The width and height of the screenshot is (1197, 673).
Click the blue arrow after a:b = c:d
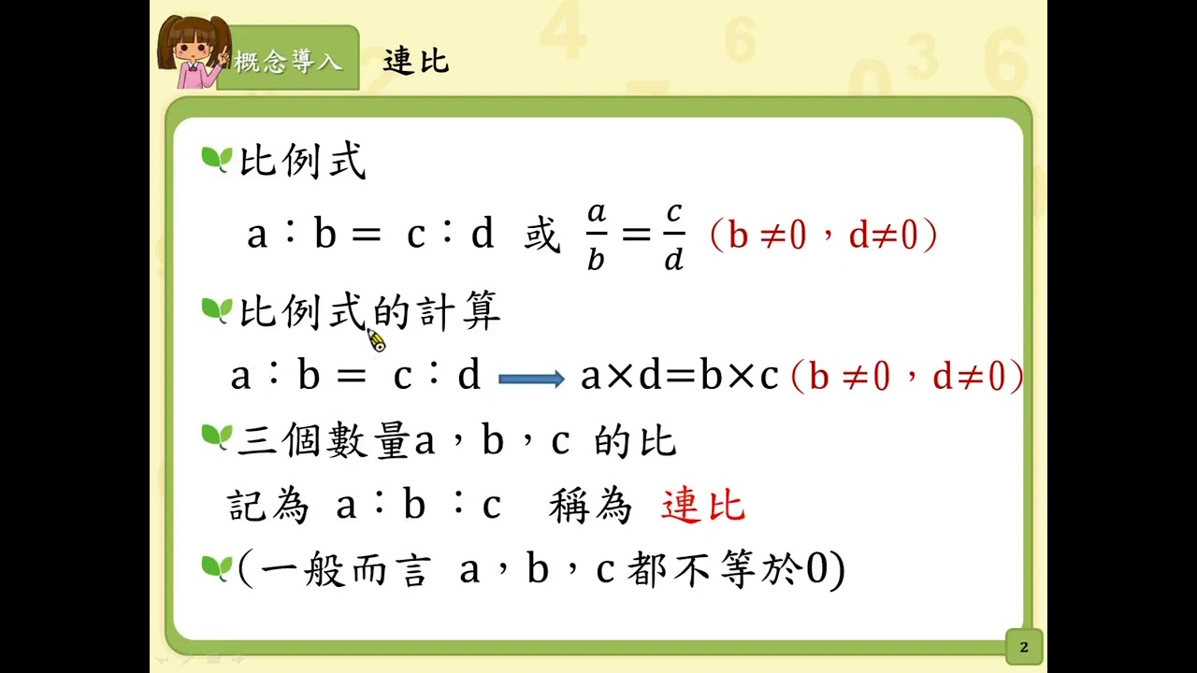pyautogui.click(x=531, y=379)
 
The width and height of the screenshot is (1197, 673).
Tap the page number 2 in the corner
pyautogui.click(x=1024, y=648)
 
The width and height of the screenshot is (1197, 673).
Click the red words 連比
pyautogui.click(x=702, y=505)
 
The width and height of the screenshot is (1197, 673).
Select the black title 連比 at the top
pyautogui.click(x=416, y=61)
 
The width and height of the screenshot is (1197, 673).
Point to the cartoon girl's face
pyautogui.click(x=193, y=47)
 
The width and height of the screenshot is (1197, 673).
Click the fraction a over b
pyautogui.click(x=597, y=236)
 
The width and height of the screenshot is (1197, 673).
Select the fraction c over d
pyautogui.click(x=674, y=236)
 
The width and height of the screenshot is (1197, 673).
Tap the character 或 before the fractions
pyautogui.click(x=541, y=235)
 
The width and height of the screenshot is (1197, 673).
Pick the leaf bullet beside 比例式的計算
pyautogui.click(x=217, y=310)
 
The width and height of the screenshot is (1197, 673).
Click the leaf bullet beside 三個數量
pyautogui.click(x=217, y=437)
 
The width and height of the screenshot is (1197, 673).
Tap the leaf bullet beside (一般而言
pyautogui.click(x=217, y=567)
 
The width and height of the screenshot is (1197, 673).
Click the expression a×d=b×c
pyautogui.click(x=680, y=375)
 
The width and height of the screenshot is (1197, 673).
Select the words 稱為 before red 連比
pyautogui.click(x=590, y=506)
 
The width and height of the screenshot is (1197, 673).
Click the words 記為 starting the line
pyautogui.click(x=268, y=506)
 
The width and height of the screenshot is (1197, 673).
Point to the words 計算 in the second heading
pyautogui.click(x=460, y=311)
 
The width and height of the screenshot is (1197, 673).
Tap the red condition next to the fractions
pyautogui.click(x=824, y=235)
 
